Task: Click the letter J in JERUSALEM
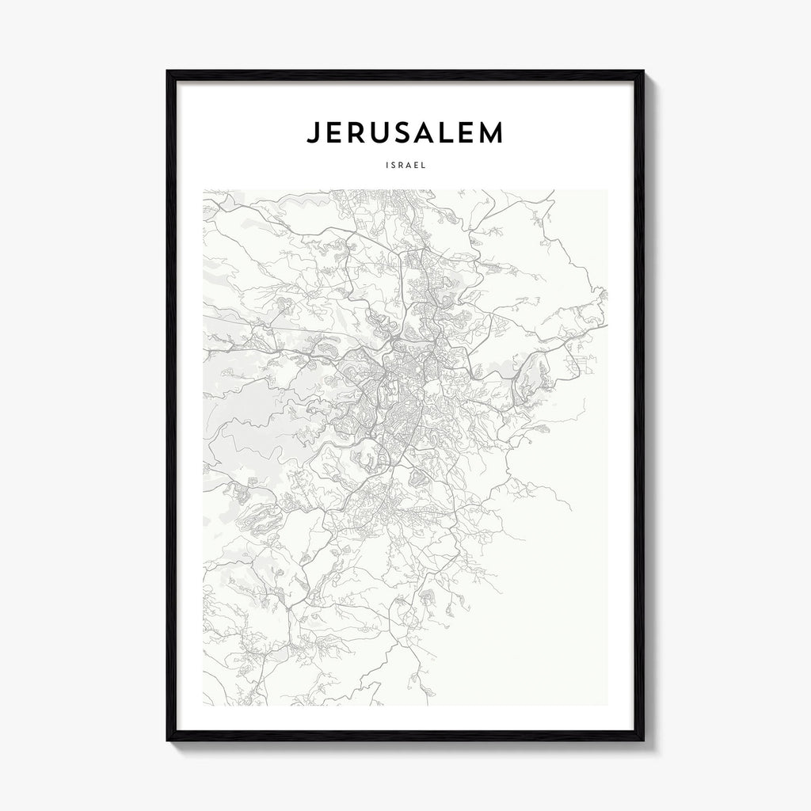pyautogui.click(x=312, y=133)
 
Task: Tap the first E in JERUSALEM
pyautogui.click(x=333, y=133)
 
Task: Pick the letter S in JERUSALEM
pyautogui.click(x=405, y=133)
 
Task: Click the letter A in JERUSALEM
pyautogui.click(x=428, y=133)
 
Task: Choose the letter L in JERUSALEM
pyautogui.click(x=451, y=133)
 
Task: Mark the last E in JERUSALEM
pyautogui.click(x=470, y=133)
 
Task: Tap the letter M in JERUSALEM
pyautogui.click(x=494, y=133)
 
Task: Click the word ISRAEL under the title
pyautogui.click(x=405, y=166)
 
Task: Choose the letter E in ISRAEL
pyautogui.click(x=417, y=166)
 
